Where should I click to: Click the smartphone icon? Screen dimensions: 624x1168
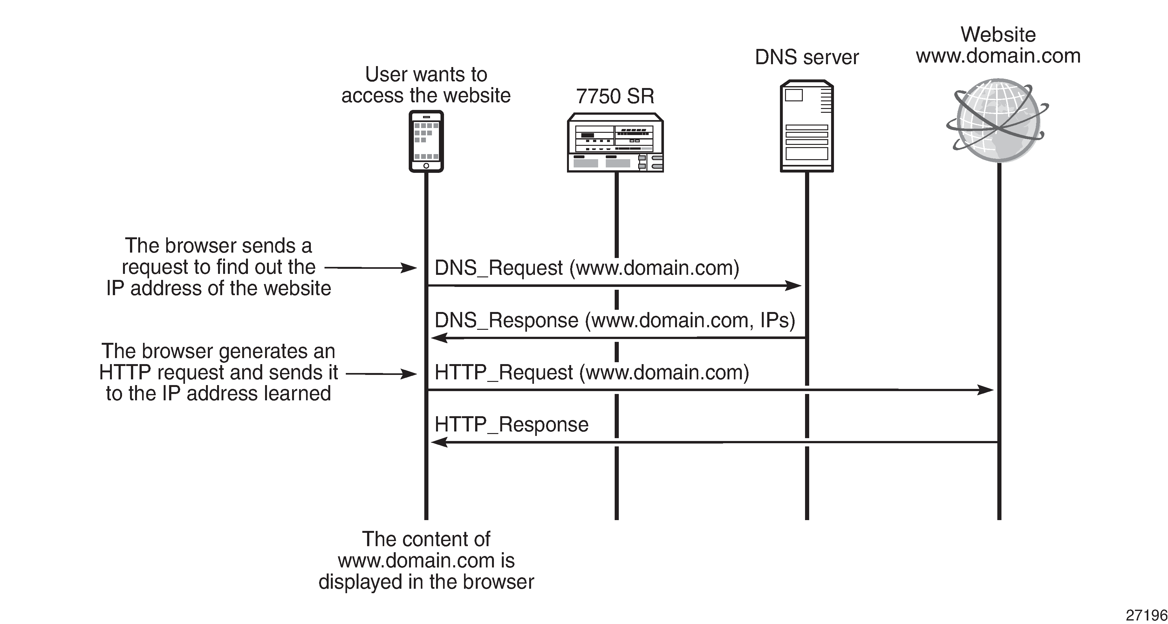(x=426, y=141)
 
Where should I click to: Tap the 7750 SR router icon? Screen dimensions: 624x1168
(x=615, y=143)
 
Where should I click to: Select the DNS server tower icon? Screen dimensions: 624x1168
(x=807, y=126)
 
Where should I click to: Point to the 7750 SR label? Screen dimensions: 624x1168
(x=615, y=96)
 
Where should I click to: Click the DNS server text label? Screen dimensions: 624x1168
(x=807, y=58)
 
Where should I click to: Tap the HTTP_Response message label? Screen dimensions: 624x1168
(x=511, y=424)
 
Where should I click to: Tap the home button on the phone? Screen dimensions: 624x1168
(x=426, y=166)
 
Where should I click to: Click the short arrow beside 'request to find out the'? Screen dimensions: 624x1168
(x=371, y=268)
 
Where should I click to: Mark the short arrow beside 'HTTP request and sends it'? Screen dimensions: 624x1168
(x=381, y=374)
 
